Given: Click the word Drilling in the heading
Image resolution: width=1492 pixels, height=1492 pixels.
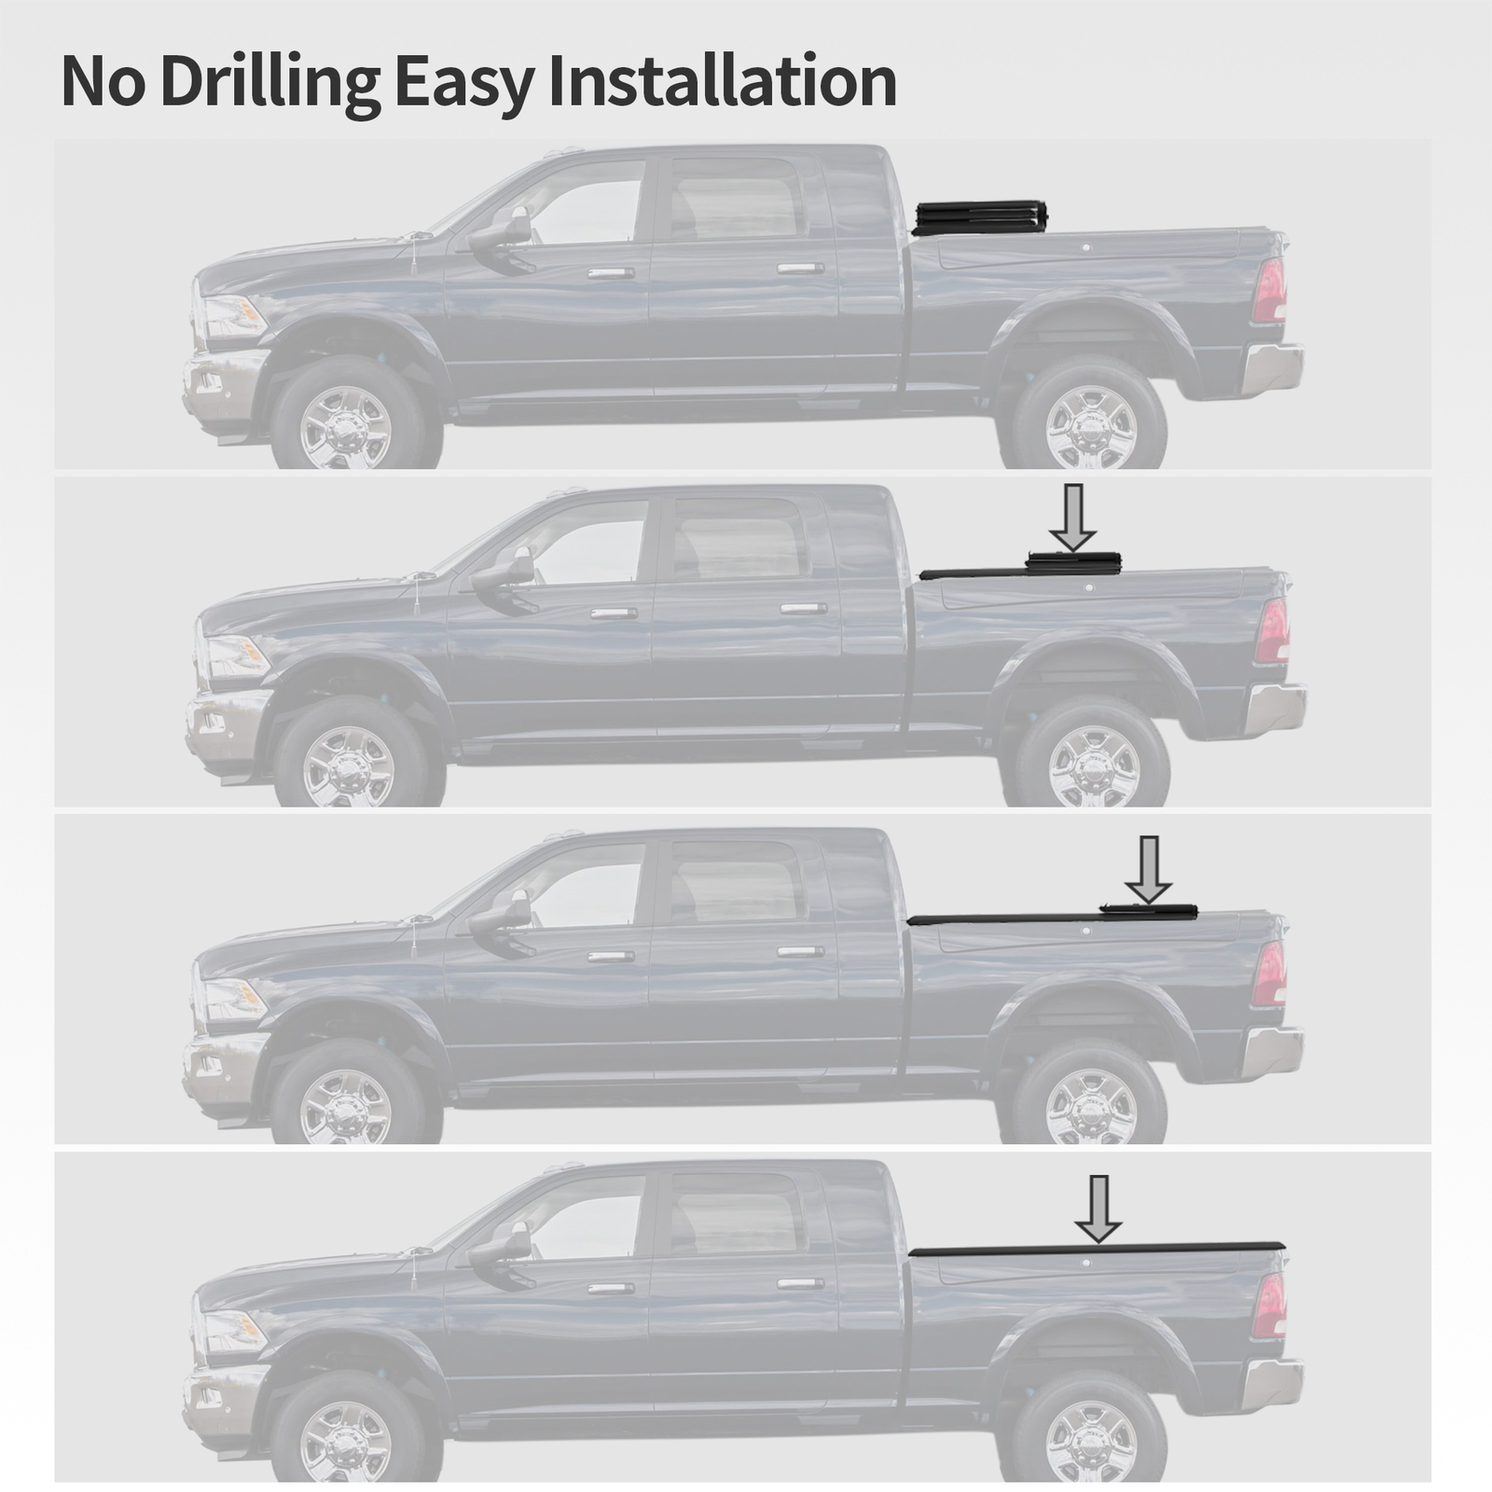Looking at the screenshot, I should [270, 82].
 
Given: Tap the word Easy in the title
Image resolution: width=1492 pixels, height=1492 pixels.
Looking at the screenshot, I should [463, 82].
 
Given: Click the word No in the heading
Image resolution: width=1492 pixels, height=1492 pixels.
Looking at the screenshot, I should [103, 82].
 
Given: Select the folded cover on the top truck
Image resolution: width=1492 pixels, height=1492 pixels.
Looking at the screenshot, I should [979, 217].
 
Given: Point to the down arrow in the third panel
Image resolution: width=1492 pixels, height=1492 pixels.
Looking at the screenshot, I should [1149, 868].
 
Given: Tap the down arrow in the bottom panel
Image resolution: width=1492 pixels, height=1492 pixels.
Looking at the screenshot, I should [1098, 1208].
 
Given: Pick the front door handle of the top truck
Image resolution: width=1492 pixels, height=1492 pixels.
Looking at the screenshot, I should [611, 273].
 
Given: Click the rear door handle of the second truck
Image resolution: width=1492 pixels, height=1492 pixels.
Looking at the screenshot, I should [803, 609].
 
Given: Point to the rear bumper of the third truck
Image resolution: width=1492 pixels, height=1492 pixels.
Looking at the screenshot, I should [1274, 1050].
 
